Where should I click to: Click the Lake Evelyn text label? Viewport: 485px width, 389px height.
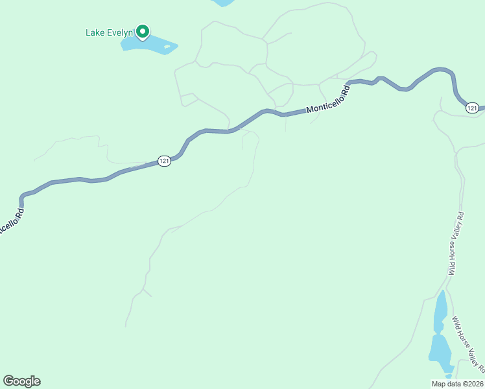click(x=108, y=32)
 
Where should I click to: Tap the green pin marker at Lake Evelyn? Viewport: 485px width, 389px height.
click(x=142, y=30)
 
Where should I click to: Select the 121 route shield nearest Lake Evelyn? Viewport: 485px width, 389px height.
click(x=165, y=161)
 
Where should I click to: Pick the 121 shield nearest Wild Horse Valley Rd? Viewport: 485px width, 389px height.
click(x=472, y=108)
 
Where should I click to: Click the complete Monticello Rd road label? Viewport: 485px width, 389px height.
click(x=328, y=101)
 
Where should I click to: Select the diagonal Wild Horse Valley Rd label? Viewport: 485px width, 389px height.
click(x=468, y=344)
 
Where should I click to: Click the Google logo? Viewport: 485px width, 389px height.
click(x=21, y=381)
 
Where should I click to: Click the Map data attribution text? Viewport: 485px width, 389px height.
click(x=458, y=384)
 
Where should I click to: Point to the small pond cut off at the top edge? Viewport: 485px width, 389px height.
click(x=224, y=3)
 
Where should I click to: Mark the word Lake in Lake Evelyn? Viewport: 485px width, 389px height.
click(x=95, y=32)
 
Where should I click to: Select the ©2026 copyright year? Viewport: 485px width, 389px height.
click(x=471, y=384)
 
